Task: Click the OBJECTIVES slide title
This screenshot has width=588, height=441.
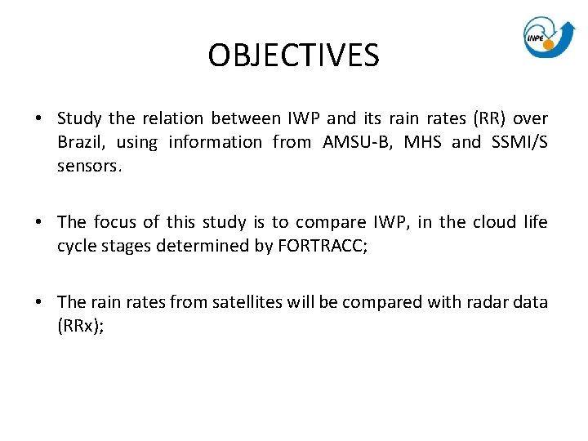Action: tap(293, 56)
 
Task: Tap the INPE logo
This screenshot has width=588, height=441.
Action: tap(549, 37)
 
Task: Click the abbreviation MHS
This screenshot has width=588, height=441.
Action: tap(423, 142)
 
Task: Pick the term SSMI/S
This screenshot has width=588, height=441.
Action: tap(519, 142)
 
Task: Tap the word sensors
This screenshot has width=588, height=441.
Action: tap(89, 166)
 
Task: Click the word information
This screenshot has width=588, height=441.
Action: tap(216, 142)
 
